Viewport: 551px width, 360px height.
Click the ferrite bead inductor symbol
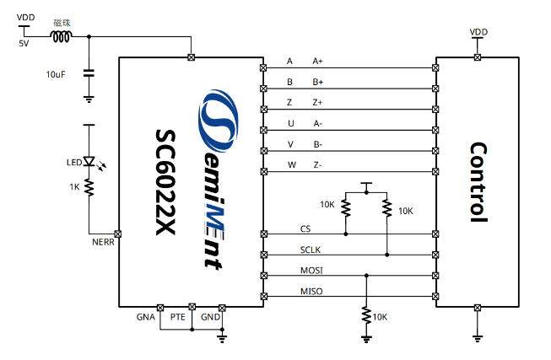(62, 37)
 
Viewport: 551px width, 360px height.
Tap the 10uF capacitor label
(57, 75)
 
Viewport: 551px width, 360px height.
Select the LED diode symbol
(89, 162)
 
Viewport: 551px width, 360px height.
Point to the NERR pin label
(103, 244)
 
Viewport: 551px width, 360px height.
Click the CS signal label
(305, 228)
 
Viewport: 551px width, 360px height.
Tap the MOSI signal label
(311, 271)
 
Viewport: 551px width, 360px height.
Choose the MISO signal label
(311, 292)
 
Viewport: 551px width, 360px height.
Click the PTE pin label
(177, 317)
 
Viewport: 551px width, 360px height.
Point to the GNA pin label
(145, 317)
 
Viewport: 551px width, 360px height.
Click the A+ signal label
(317, 62)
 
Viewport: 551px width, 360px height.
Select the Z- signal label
(317, 164)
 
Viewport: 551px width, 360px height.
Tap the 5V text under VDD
(23, 43)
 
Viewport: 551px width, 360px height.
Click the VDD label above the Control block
(478, 31)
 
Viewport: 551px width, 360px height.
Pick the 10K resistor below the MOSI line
(366, 314)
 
